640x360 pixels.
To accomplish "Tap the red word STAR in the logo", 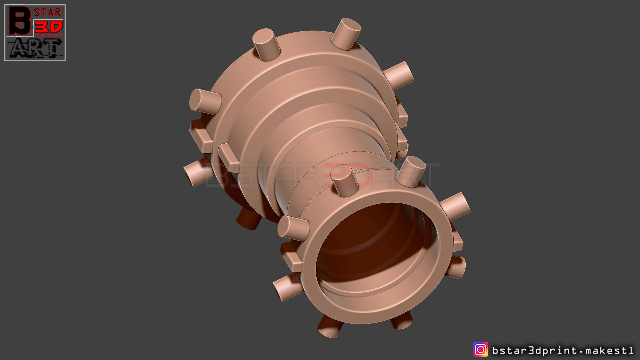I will tap(47, 13).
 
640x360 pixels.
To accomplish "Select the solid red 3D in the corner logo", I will tap(49, 27).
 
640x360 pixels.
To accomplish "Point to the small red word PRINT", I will tap(49, 35).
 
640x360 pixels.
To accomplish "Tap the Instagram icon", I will tap(480, 350).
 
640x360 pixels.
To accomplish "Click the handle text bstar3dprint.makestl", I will tap(562, 350).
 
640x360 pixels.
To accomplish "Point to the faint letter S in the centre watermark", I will tap(248, 175).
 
